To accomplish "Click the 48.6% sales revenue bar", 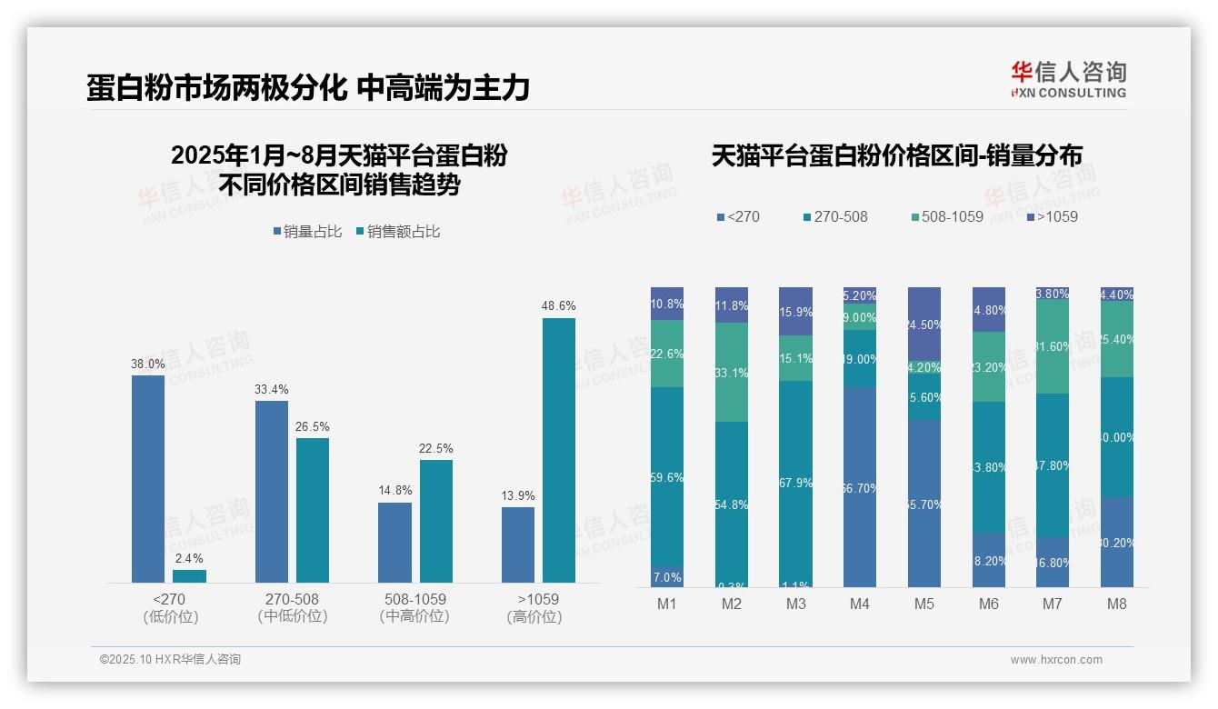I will pyautogui.click(x=559, y=450).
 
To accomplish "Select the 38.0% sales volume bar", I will pyautogui.click(x=148, y=479).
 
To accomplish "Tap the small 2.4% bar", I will pyautogui.click(x=189, y=576).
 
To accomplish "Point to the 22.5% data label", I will pyautogui.click(x=436, y=449).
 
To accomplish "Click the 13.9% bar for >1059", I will pyautogui.click(x=518, y=544).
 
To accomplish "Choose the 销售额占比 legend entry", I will pyautogui.click(x=398, y=232).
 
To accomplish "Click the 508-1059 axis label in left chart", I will pyautogui.click(x=414, y=600).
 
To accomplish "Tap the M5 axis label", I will pyautogui.click(x=923, y=604).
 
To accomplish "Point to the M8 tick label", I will pyautogui.click(x=1117, y=604).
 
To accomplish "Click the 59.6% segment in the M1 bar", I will pyautogui.click(x=667, y=477).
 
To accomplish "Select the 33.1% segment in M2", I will pyautogui.click(x=732, y=373).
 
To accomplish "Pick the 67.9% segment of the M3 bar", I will pyautogui.click(x=796, y=483).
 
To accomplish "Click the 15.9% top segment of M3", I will pyautogui.click(x=796, y=312).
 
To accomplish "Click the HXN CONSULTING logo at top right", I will pyautogui.click(x=1068, y=79).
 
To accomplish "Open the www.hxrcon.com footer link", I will pyautogui.click(x=1056, y=660).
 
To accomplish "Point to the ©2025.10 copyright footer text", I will pyautogui.click(x=170, y=660).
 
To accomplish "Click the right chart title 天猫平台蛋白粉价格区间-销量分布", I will pyautogui.click(x=896, y=156).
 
